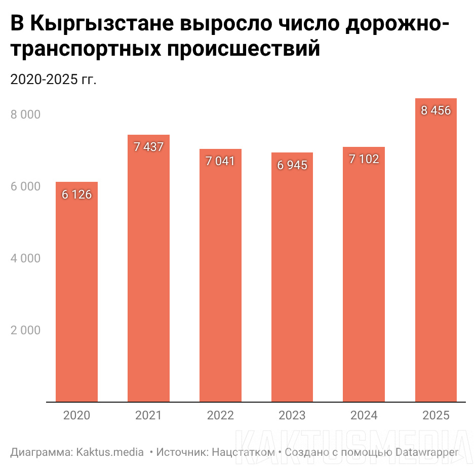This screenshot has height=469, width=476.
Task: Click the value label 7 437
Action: coord(148,147)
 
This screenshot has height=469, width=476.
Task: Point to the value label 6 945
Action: coord(292,165)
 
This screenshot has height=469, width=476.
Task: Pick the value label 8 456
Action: coord(436,110)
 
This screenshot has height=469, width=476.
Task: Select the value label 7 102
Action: coord(364,159)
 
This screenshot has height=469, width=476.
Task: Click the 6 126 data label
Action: coord(76,194)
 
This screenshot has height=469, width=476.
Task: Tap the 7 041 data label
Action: coord(220,162)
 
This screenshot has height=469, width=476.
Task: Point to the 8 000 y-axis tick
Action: coord(25,115)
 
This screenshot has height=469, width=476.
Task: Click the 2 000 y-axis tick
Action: coord(25,330)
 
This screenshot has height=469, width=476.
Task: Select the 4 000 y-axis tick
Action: coord(25,258)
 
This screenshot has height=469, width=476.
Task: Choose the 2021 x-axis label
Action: coord(148,416)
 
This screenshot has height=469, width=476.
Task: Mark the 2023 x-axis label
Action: coord(292,416)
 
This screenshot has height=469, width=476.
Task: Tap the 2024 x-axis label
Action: coord(364,416)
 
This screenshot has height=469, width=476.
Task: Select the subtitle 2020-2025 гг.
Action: coord(53,80)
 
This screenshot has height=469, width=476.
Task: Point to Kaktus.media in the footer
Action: coord(110,452)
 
